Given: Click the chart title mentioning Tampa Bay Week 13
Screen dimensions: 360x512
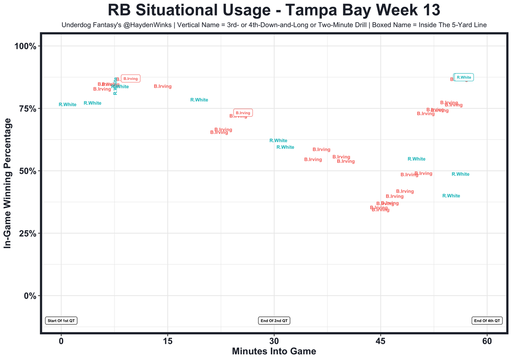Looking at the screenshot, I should pyautogui.click(x=274, y=10).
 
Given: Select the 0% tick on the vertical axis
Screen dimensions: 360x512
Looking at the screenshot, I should pyautogui.click(x=30, y=296).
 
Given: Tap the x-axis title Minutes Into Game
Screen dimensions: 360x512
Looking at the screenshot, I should pyautogui.click(x=274, y=352).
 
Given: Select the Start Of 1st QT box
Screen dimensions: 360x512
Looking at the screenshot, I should pyautogui.click(x=61, y=321).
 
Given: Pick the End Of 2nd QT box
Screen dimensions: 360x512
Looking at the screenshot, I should pyautogui.click(x=274, y=321).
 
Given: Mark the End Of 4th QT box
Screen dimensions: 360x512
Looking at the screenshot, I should pyautogui.click(x=487, y=321).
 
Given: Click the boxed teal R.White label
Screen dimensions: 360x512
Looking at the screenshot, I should pyautogui.click(x=464, y=77).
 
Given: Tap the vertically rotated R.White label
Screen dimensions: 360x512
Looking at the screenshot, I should pyautogui.click(x=115, y=86).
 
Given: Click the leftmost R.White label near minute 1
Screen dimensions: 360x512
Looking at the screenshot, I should pyautogui.click(x=68, y=105).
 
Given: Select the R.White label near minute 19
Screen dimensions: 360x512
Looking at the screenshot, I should pyautogui.click(x=199, y=100).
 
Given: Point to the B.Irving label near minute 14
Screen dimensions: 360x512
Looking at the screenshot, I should pyautogui.click(x=163, y=86).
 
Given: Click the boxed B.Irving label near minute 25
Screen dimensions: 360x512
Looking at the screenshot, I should pyautogui.click(x=243, y=113).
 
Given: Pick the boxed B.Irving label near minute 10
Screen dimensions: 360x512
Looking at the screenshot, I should pyautogui.click(x=130, y=79).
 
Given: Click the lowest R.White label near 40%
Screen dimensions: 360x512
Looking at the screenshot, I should pyautogui.click(x=451, y=196).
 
